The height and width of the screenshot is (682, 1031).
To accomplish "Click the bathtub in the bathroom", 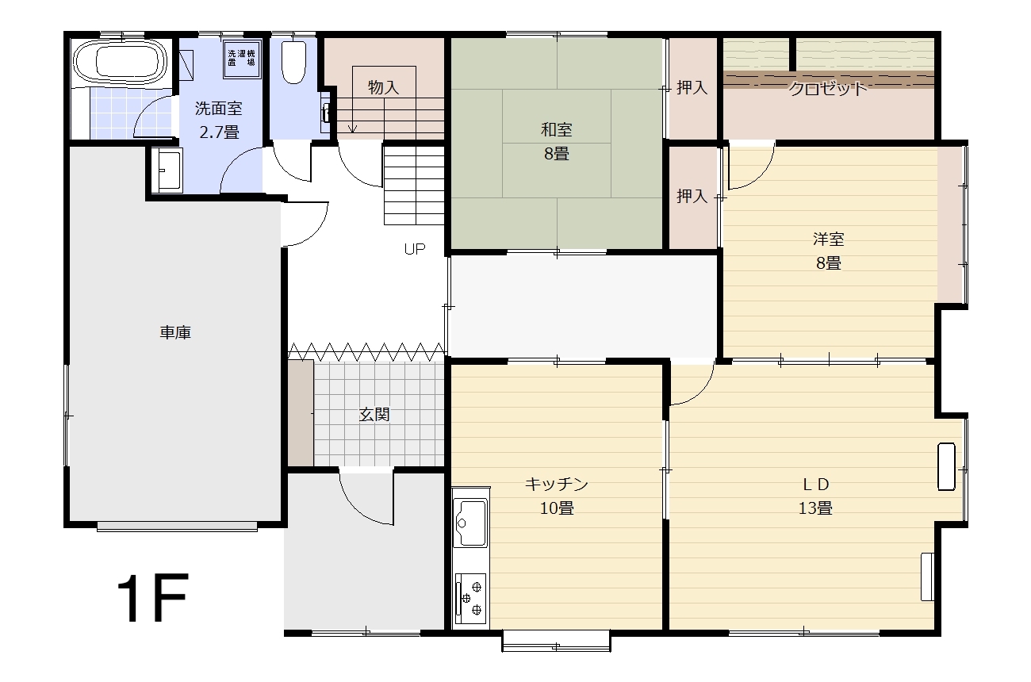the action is pos(120,62).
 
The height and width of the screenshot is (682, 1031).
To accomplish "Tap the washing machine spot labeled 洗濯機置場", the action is pos(242,59).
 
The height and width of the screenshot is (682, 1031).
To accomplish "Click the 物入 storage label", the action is pos(383,87).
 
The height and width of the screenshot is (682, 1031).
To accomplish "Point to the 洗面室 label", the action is pos(218,109).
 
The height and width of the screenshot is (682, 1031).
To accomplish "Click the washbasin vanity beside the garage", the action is pos(167,170).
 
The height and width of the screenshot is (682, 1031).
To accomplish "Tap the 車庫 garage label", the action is pos(175,332).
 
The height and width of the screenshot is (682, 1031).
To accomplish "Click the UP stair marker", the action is pos(414,249).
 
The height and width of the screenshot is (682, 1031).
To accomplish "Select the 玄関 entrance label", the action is pos(374,415).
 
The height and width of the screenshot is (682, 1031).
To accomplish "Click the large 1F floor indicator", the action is pos(152,597).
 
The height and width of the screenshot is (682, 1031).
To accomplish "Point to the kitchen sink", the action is pos(470,523).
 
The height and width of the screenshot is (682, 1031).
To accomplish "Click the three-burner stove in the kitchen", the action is pos(470,599).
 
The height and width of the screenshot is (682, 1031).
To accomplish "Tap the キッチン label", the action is pos(557,484).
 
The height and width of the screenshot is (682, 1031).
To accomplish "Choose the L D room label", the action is pos(815,484).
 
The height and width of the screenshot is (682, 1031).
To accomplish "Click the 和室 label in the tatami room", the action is pos(557,130).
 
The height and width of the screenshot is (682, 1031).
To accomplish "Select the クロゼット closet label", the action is pos(827,88).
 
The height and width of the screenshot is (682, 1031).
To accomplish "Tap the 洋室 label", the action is pos(829,239).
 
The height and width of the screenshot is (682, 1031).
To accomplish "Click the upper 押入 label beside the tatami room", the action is pos(692,87).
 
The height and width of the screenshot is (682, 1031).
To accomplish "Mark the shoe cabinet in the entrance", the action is pos(301,413).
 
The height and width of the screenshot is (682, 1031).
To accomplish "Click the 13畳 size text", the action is pos(815,508).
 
